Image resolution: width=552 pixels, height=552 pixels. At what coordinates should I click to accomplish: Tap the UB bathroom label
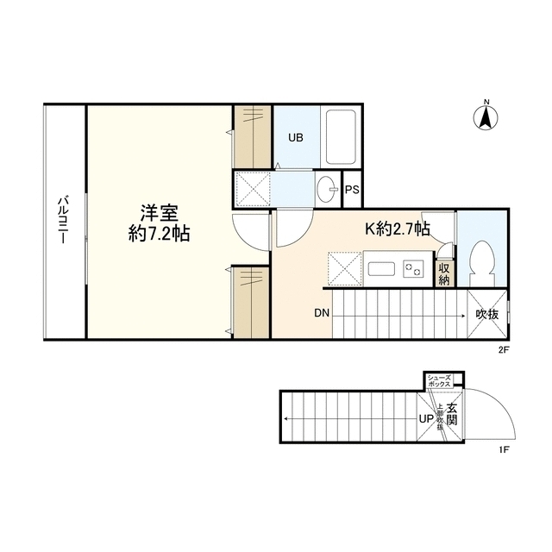pos(295,136)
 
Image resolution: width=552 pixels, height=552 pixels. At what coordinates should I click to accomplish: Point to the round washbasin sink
pos(326,191)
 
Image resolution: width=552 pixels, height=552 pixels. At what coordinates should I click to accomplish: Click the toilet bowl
pos(481,260)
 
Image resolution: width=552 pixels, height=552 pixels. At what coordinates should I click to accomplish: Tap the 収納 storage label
pos(444,274)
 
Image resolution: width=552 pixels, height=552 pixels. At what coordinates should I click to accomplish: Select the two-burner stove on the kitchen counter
pos(413,268)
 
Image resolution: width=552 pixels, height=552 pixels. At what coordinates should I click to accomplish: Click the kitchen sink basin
pos(381,268)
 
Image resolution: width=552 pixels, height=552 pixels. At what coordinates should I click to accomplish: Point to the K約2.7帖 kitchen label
pos(398,229)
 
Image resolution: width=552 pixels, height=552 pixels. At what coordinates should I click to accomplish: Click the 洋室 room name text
pos(160,213)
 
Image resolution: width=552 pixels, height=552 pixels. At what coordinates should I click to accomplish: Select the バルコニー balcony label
pos(63,222)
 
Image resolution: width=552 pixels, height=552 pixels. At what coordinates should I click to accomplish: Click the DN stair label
pos(321,313)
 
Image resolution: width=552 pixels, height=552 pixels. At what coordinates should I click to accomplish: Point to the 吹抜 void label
pos(487,314)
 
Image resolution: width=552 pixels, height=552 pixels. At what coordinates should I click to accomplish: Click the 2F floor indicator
pos(504,350)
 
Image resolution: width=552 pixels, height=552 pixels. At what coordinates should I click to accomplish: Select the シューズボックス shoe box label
pos(440,380)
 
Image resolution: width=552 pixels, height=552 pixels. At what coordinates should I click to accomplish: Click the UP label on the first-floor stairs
pos(425,419)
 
